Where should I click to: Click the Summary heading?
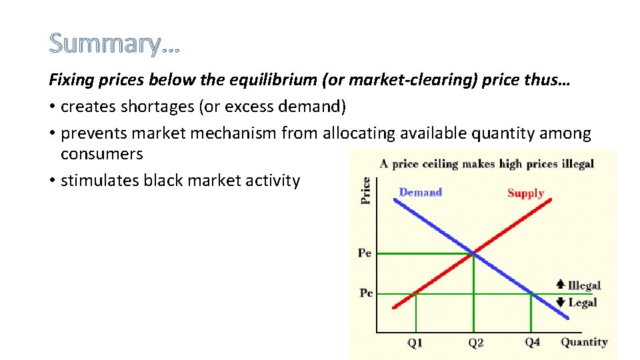tap(114, 44)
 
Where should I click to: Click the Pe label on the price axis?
tap(365, 253)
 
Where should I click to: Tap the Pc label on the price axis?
tap(366, 293)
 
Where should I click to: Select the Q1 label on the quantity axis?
tap(415, 343)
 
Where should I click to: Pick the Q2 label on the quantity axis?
tap(475, 343)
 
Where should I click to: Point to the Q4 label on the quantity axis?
tap(532, 342)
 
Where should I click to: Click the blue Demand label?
tap(420, 193)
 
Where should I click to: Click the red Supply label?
tap(525, 193)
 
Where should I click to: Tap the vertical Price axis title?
tap(365, 190)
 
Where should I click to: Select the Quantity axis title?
tap(584, 342)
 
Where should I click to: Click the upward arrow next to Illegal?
tap(561, 285)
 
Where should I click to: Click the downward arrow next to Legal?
tap(561, 302)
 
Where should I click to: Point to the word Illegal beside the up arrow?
tap(584, 285)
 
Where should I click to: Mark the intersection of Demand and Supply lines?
tap(473, 253)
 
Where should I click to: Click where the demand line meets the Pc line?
tap(531, 293)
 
